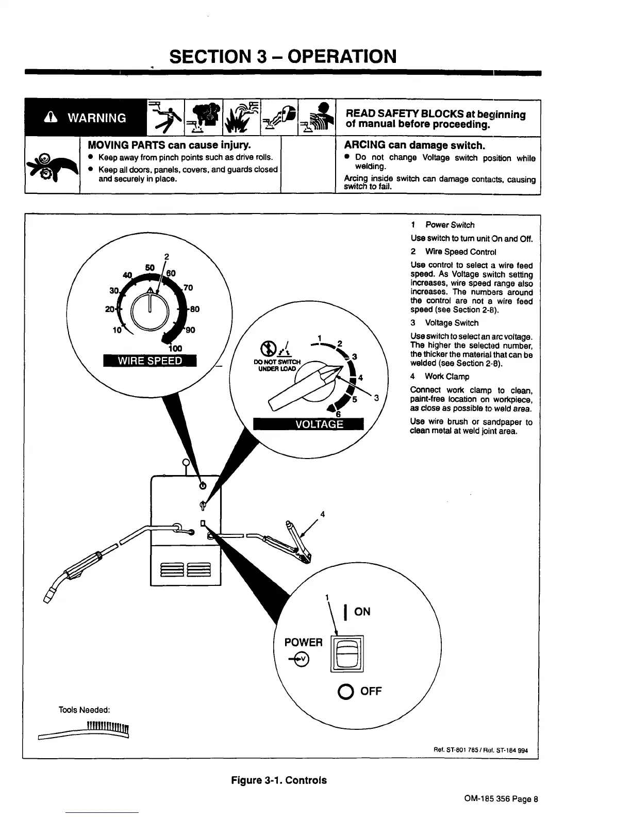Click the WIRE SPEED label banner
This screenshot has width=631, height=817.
click(x=150, y=361)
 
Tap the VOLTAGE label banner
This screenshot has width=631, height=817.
click(x=308, y=423)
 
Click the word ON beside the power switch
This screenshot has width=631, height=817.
click(x=362, y=612)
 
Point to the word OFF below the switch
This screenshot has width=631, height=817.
click(x=371, y=691)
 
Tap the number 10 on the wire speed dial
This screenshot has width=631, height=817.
click(x=117, y=330)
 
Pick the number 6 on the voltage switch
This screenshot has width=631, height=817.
click(x=339, y=414)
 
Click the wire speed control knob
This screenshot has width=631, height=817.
click(x=148, y=309)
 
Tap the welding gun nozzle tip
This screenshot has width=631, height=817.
click(x=52, y=597)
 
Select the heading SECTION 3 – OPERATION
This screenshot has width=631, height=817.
click(x=283, y=56)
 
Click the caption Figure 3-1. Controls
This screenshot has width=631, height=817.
click(x=278, y=780)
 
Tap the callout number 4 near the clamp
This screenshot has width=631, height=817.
click(x=322, y=514)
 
